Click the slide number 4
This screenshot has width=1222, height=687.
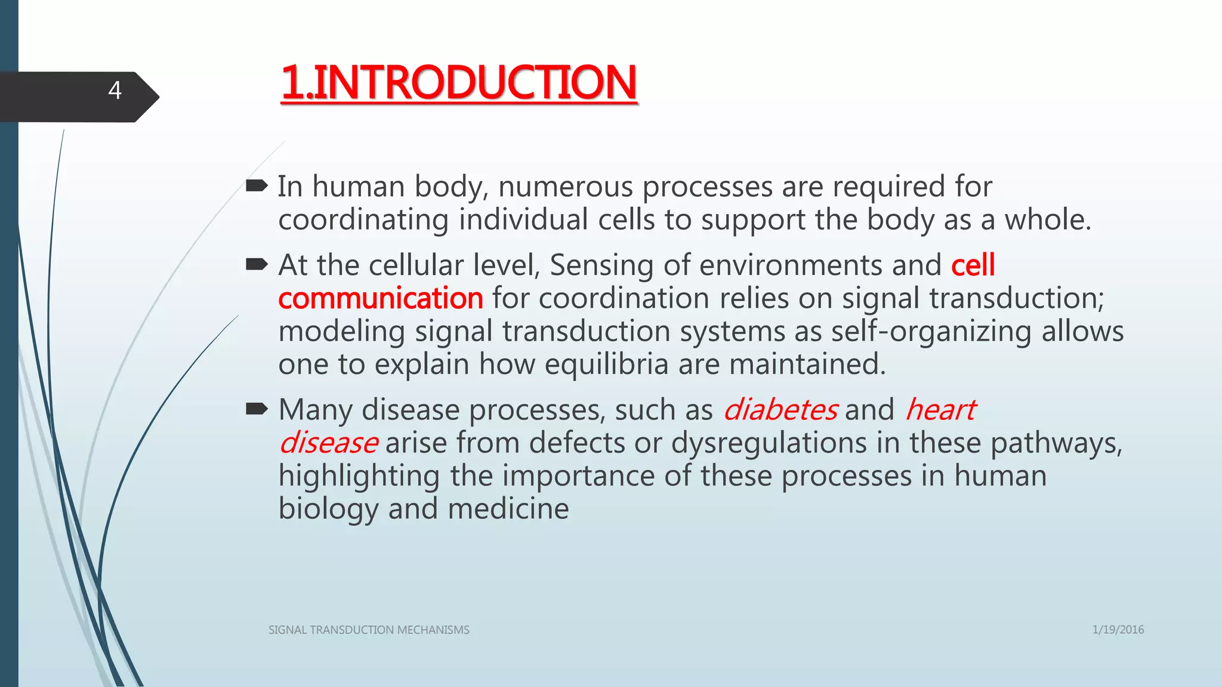pyautogui.click(x=115, y=91)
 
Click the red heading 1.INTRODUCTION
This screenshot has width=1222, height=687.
pyautogui.click(x=459, y=83)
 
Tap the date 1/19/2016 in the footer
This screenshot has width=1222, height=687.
pyautogui.click(x=1118, y=630)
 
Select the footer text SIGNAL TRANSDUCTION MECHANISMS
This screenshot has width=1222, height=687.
pyautogui.click(x=369, y=630)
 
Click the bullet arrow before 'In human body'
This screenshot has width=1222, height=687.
pyautogui.click(x=257, y=187)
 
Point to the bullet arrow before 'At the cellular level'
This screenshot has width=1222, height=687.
pyautogui.click(x=257, y=264)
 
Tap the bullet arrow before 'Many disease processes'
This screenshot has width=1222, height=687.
pyautogui.click(x=257, y=409)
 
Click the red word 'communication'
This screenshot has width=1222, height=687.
pyautogui.click(x=381, y=298)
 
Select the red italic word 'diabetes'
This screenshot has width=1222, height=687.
pyautogui.click(x=780, y=410)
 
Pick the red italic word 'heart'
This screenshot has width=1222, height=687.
pyautogui.click(x=940, y=410)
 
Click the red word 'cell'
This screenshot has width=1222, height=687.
pyautogui.click(x=973, y=265)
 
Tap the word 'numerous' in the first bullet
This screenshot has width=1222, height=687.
pyautogui.click(x=565, y=187)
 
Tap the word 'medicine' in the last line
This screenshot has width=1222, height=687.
pyautogui.click(x=508, y=509)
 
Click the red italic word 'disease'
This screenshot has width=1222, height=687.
pyautogui.click(x=328, y=443)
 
